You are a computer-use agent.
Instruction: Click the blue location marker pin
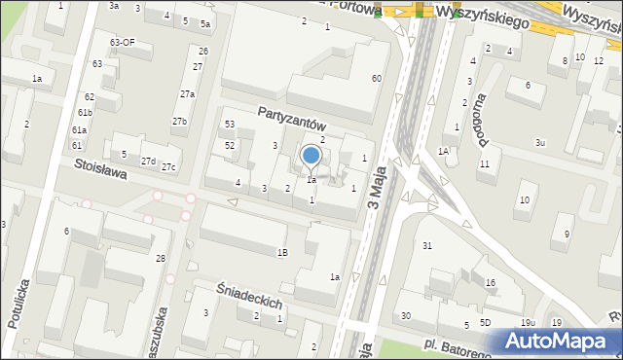[311, 156]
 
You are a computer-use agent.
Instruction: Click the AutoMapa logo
[561, 341]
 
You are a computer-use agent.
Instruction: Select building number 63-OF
[122, 43]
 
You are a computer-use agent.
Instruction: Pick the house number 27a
[187, 94]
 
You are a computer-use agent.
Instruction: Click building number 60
[377, 78]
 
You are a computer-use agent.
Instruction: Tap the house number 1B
[282, 253]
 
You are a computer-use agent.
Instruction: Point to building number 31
[427, 245]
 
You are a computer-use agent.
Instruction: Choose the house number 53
[230, 125]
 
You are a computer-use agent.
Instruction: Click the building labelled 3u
[540, 143]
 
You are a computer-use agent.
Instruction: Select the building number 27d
[148, 161]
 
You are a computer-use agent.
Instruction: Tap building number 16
[491, 283]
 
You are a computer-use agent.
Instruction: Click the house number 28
[161, 258]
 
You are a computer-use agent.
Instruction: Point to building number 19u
[527, 322]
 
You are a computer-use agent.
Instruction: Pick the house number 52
[230, 145]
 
